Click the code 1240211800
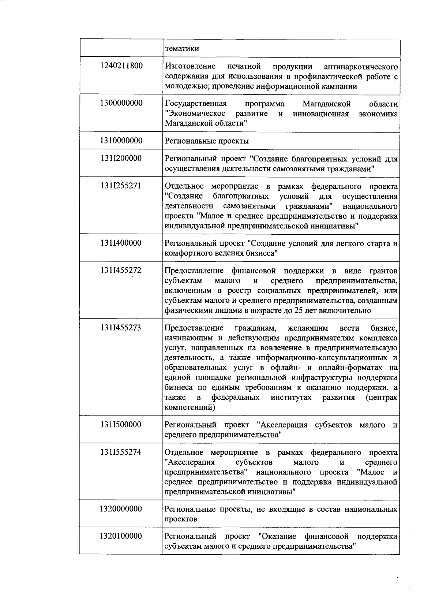(x=121, y=66)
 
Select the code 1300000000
(x=121, y=103)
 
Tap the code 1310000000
(x=121, y=141)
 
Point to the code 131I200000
(x=121, y=158)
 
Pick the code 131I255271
(x=121, y=186)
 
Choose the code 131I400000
(x=121, y=243)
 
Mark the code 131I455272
(x=121, y=270)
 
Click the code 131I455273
(x=121, y=328)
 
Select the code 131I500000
(x=121, y=425)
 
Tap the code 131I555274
(x=121, y=452)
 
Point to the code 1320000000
(x=121, y=509)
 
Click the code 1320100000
(x=121, y=536)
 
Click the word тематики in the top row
(x=182, y=48)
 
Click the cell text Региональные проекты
(x=207, y=141)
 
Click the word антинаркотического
(x=361, y=67)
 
